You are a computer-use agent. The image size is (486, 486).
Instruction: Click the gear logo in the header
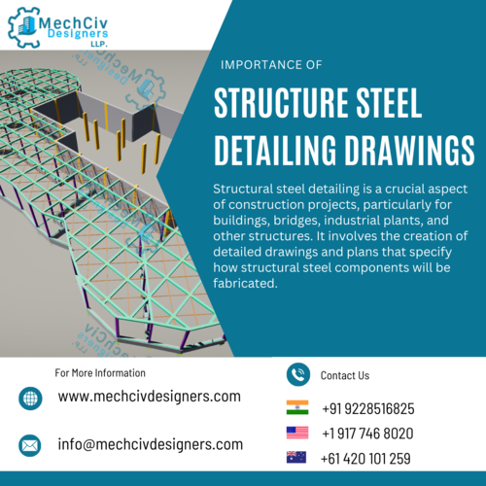click(x=24, y=27)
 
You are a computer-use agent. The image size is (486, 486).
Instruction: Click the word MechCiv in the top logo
click(x=73, y=23)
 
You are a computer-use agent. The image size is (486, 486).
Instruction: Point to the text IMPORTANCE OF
click(x=271, y=65)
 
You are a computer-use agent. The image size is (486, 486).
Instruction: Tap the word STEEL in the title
click(x=389, y=103)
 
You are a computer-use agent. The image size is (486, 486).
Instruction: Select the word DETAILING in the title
click(x=275, y=151)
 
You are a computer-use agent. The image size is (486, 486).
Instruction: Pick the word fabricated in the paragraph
click(x=245, y=284)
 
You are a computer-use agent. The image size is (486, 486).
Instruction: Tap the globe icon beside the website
click(x=30, y=399)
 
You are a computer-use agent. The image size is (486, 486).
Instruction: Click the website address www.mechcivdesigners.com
click(x=150, y=397)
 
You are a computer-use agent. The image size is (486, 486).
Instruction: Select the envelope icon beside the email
click(x=30, y=445)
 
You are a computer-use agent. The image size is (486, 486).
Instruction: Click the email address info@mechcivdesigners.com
click(x=151, y=444)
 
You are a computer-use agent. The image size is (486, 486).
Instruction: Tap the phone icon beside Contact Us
click(x=298, y=374)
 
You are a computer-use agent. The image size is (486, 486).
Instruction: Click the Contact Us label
click(x=345, y=375)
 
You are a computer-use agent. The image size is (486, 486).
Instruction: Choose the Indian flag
click(x=297, y=407)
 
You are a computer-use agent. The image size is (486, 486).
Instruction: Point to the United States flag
click(x=297, y=433)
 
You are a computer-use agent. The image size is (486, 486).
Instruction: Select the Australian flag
click(x=296, y=457)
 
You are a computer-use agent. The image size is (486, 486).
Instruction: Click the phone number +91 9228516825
click(x=368, y=409)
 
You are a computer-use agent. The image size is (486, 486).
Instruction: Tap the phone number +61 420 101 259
click(x=365, y=459)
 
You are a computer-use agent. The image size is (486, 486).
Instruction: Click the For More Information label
click(x=100, y=373)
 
